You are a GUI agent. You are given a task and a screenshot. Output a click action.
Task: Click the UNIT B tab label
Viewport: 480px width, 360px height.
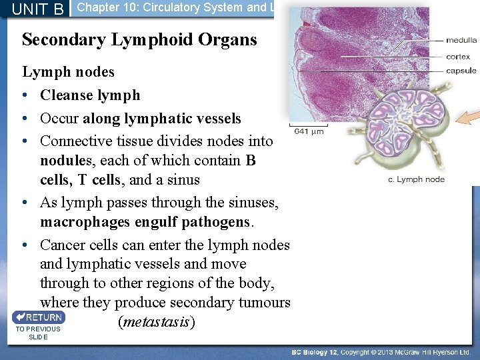(37, 9)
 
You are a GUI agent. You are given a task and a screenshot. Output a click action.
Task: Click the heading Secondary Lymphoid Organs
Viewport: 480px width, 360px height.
(139, 39)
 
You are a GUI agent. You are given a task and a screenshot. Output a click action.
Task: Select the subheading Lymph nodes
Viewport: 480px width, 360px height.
(69, 71)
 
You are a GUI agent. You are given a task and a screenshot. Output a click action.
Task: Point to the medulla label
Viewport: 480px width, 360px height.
(461, 40)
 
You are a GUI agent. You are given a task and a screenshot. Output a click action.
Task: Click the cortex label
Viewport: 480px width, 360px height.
(459, 57)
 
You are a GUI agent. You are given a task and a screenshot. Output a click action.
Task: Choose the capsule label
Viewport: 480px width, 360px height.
(461, 71)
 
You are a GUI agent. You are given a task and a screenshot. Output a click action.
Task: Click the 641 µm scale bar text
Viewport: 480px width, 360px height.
(309, 131)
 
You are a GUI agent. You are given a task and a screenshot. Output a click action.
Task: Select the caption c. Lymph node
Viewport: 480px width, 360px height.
(416, 179)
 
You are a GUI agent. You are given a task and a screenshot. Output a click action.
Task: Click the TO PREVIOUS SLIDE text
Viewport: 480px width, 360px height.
(38, 333)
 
